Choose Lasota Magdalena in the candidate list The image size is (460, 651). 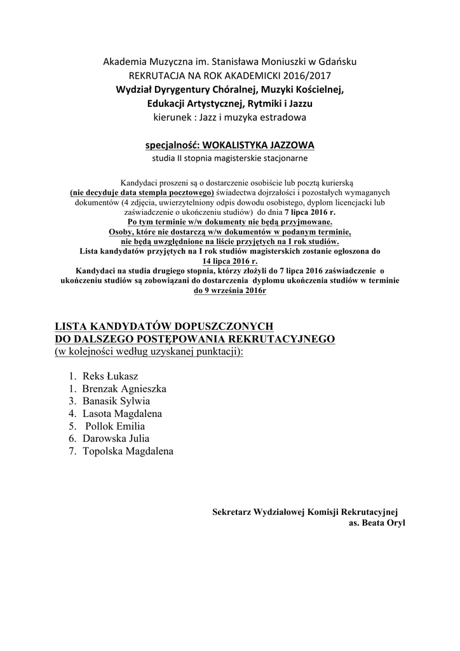(x=122, y=413)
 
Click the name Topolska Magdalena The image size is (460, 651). (x=128, y=451)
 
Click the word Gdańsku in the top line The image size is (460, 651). (x=337, y=62)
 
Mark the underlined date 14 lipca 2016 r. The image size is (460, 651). (x=229, y=261)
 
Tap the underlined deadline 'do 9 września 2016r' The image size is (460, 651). (x=229, y=290)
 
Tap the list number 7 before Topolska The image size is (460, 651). (x=73, y=451)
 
